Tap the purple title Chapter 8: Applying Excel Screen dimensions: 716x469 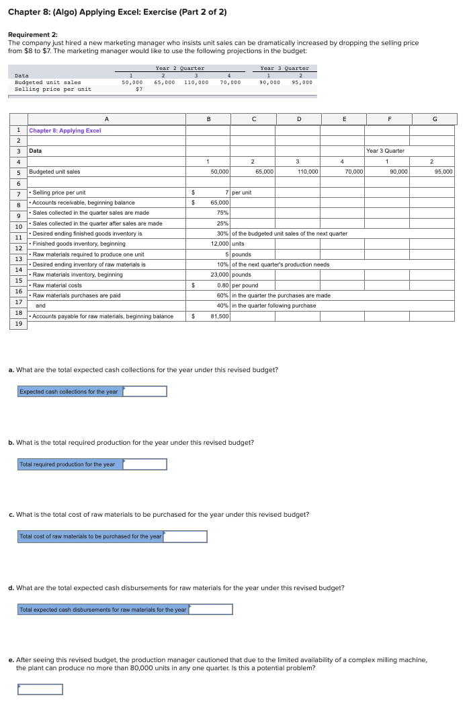pos(65,131)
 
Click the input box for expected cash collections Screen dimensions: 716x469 pos(144,392)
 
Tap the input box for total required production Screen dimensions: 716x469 pos(144,464)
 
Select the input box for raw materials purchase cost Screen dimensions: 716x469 pos(185,537)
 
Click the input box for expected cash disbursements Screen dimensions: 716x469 pos(210,610)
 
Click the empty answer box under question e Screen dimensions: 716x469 pos(40,689)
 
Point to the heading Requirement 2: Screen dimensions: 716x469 pos(32,34)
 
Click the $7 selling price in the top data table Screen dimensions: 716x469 pos(138,89)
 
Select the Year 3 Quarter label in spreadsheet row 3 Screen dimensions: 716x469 pos(386,151)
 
